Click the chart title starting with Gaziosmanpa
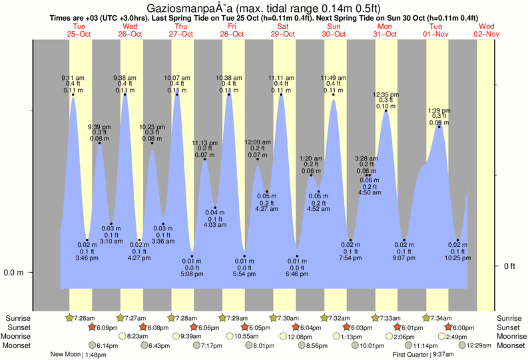[264, 7]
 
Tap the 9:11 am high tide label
[73, 77]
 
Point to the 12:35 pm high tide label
[386, 94]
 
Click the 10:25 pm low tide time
[458, 258]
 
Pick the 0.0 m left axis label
[15, 273]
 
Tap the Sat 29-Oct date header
[283, 30]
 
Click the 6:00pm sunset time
[460, 327]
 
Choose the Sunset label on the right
[509, 327]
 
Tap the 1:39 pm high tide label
[438, 110]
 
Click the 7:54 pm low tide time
[350, 258]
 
